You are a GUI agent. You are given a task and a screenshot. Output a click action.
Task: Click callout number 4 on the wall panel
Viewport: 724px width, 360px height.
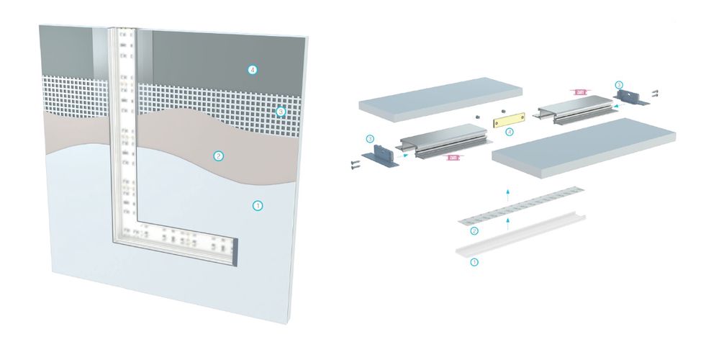[x=252, y=70]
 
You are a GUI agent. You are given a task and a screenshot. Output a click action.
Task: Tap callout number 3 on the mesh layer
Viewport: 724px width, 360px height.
[x=281, y=112]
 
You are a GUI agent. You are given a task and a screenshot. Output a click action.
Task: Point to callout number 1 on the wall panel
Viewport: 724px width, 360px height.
[x=258, y=206]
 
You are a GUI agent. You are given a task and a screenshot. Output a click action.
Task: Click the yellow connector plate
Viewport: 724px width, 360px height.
[x=510, y=119]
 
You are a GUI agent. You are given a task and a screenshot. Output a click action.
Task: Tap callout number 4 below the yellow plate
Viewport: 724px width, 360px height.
[x=510, y=132]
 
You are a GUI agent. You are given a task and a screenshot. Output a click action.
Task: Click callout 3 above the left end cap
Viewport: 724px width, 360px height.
[x=369, y=138]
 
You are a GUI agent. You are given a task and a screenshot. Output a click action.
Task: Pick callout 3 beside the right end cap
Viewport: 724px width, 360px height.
[x=618, y=85]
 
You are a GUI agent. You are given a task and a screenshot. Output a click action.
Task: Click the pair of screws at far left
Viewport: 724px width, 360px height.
[x=355, y=165]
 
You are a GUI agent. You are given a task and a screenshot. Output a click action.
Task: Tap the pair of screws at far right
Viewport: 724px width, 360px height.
[x=654, y=94]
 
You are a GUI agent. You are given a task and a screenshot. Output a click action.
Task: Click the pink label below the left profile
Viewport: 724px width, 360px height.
[x=453, y=157]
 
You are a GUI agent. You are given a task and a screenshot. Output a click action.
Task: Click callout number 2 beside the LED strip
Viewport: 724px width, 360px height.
[x=474, y=231]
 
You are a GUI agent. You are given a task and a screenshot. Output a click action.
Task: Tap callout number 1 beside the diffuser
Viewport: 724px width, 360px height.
[x=474, y=263]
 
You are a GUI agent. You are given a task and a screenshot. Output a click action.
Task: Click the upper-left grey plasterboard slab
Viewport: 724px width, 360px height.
[x=440, y=97]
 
